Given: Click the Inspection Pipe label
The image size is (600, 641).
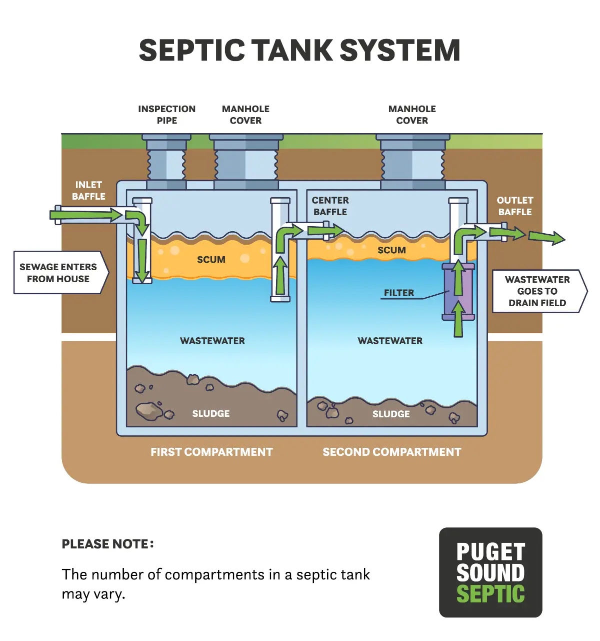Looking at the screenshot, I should [x=166, y=115].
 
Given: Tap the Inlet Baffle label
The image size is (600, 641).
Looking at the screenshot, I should [x=88, y=191].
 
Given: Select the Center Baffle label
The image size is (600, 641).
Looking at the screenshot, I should [x=330, y=206].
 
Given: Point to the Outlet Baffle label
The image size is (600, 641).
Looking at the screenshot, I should [x=515, y=206].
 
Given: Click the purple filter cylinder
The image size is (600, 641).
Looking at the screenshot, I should [x=458, y=292].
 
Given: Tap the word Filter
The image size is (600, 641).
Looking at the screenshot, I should [x=398, y=293].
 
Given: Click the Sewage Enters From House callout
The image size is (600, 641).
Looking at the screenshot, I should [x=58, y=273].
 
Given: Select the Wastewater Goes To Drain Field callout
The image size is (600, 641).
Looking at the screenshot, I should [x=537, y=291].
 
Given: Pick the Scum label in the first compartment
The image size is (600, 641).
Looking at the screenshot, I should [x=211, y=260].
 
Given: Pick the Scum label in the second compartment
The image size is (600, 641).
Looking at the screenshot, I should [x=391, y=250].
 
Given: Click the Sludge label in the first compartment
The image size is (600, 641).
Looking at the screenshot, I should [x=211, y=414].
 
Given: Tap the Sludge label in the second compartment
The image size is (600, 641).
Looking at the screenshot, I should [x=391, y=414].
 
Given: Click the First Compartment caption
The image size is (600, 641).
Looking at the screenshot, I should [x=211, y=452].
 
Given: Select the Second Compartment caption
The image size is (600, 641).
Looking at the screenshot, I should [x=391, y=452].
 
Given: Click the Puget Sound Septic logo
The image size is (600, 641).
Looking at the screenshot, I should [x=490, y=572].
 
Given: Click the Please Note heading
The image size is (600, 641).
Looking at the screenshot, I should [x=107, y=544].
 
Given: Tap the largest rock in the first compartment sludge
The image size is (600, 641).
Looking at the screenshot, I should [x=149, y=410].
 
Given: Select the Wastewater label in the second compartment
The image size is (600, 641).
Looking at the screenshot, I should [x=390, y=341].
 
